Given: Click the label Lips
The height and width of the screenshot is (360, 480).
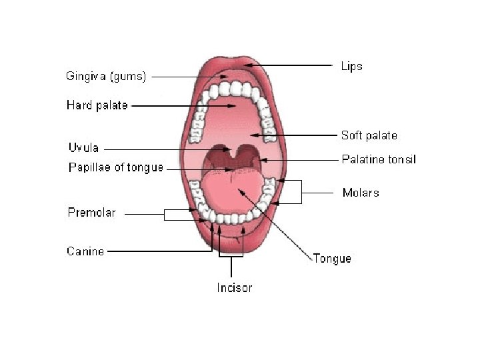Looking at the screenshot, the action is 351,66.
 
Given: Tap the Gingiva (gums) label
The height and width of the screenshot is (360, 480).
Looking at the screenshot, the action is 106,76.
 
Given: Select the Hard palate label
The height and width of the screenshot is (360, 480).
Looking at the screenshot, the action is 97,105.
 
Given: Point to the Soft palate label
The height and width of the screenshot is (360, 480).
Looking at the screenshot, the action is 369,135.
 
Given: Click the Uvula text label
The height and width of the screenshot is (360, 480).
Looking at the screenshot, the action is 83,147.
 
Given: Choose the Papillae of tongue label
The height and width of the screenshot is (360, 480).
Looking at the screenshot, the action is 116,167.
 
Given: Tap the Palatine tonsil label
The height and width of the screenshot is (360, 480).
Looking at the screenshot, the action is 379,159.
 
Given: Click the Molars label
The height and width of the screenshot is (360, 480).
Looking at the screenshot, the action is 361,193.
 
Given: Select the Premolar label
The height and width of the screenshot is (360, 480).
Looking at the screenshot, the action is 91,213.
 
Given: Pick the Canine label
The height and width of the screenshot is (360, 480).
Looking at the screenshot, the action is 85,251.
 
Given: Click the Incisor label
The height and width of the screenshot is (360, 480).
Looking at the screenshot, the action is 234,288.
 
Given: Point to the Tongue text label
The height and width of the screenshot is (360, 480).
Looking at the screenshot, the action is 332,258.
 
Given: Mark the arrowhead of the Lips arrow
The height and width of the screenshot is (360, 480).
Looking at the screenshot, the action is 249,65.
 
